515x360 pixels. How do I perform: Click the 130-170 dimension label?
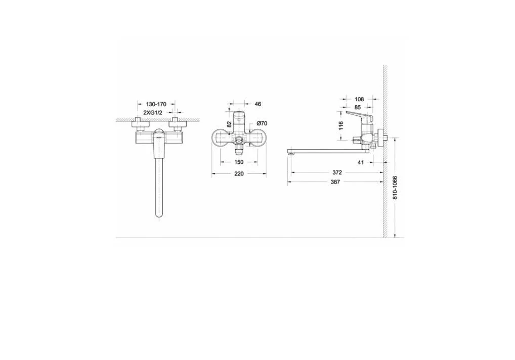[156, 104]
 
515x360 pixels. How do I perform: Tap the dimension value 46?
[258, 104]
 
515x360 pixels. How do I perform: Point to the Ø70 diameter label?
[262, 123]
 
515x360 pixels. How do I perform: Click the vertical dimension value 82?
[230, 124]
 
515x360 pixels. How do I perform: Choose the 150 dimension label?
[239, 162]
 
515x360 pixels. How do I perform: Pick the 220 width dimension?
[239, 173]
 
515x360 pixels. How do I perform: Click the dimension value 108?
[359, 99]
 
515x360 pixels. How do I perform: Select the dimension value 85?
[358, 107]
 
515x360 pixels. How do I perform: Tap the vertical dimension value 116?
[340, 125]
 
